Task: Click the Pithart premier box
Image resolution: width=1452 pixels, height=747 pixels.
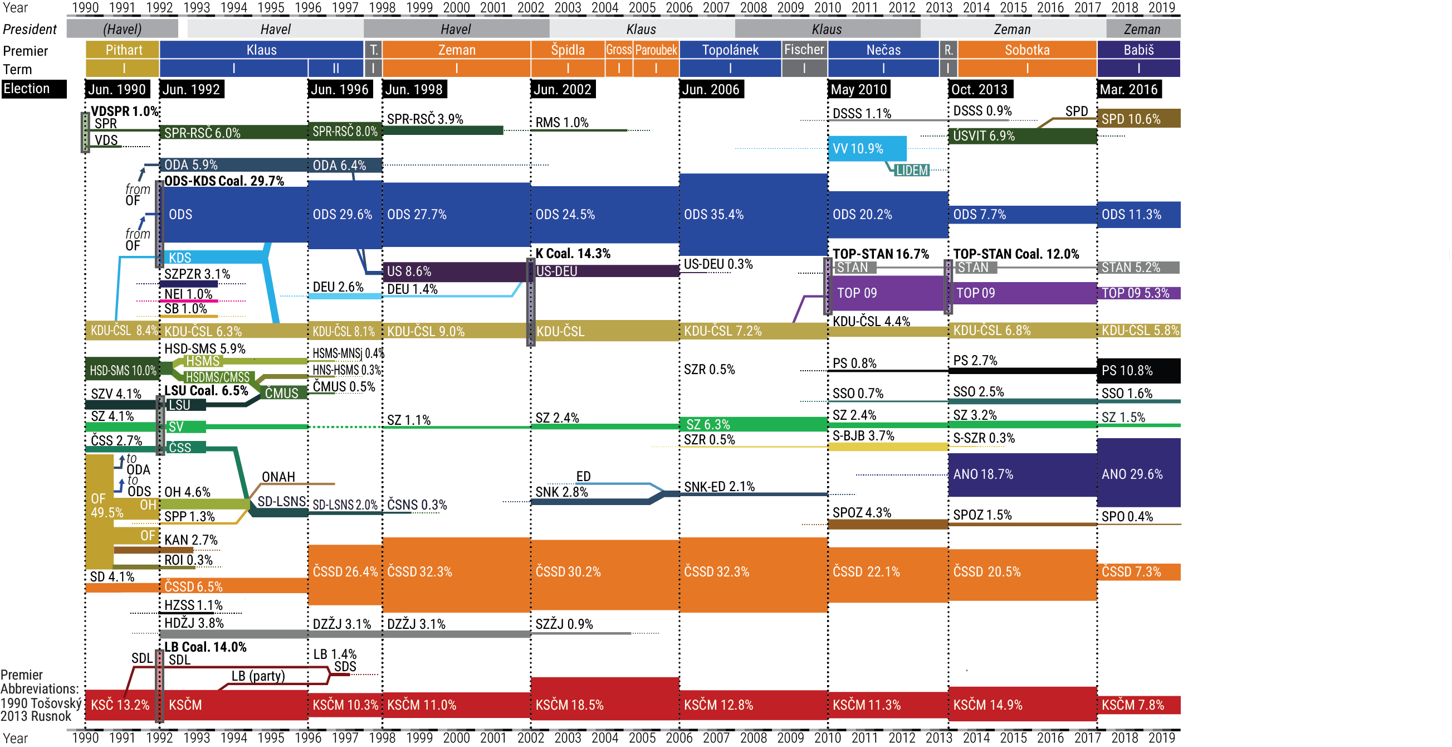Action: (x=123, y=50)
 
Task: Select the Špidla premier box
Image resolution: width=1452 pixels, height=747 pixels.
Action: (x=568, y=50)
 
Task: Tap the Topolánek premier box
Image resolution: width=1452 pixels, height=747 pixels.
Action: (x=730, y=50)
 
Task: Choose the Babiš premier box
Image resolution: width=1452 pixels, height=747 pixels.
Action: (x=1138, y=50)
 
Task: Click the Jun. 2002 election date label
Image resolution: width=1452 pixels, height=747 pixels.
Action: (x=562, y=89)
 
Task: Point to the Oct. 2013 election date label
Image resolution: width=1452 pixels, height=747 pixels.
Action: (x=980, y=89)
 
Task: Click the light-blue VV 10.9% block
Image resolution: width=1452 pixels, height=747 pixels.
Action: (x=867, y=148)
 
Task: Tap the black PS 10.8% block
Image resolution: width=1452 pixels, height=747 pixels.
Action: (x=1138, y=371)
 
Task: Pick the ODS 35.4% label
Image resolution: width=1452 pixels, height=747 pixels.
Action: (x=713, y=215)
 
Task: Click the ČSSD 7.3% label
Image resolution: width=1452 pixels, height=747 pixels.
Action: (x=1131, y=571)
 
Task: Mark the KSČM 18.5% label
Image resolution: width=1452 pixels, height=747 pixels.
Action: (x=569, y=705)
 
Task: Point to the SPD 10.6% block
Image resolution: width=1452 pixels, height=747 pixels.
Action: (x=1138, y=119)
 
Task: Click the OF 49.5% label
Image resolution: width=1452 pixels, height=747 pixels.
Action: (x=106, y=506)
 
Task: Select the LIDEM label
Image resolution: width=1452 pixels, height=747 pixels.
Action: (x=911, y=170)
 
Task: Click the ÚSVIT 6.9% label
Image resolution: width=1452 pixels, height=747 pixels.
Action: (x=984, y=136)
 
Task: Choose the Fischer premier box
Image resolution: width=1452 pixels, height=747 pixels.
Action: (x=804, y=50)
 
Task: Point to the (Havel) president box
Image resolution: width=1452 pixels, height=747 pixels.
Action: (x=122, y=29)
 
